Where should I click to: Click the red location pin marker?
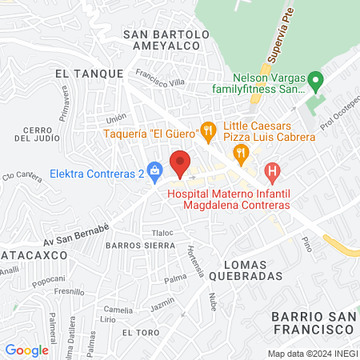(x=181, y=162)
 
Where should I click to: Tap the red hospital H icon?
(x=274, y=170)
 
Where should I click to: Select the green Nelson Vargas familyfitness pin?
(x=315, y=82)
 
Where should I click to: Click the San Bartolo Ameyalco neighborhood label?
(x=166, y=40)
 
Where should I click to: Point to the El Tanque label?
(x=89, y=73)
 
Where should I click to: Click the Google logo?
(x=26, y=350)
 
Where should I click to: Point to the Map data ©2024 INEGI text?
(x=311, y=354)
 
